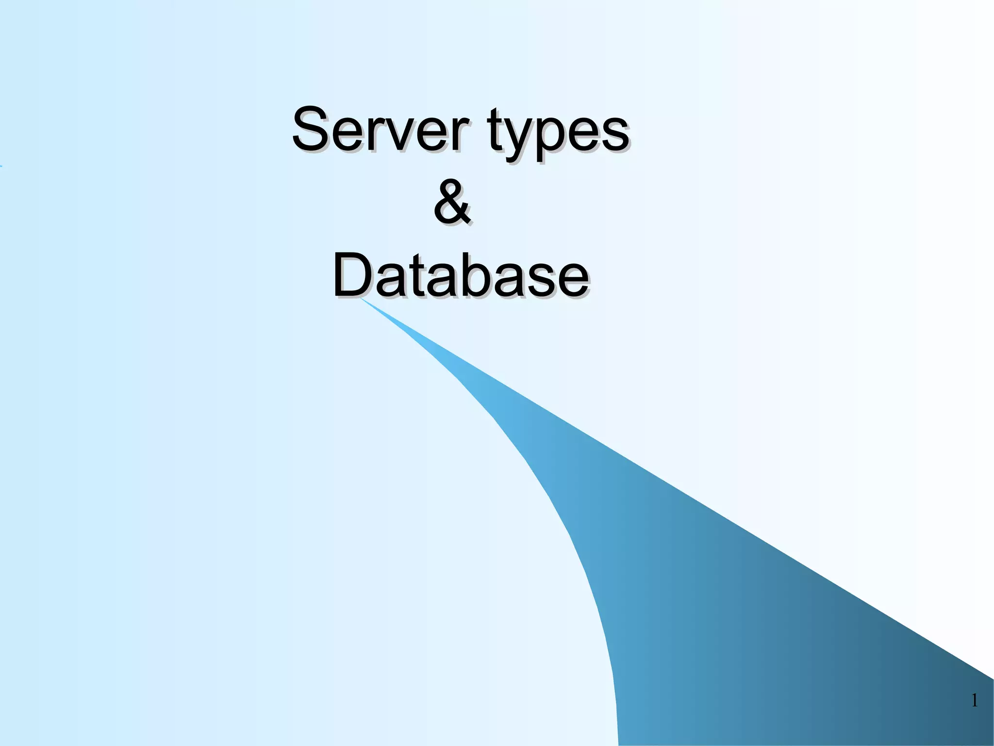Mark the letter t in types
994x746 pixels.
(497, 130)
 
